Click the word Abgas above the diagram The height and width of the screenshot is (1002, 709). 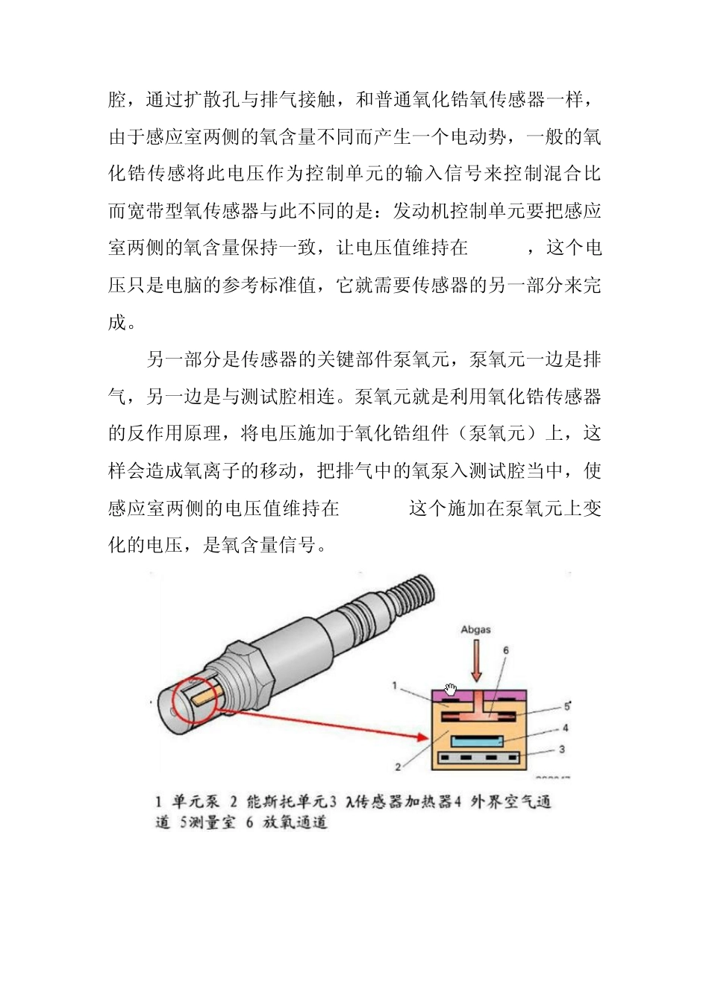click(x=475, y=630)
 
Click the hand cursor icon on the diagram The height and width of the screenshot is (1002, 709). click(x=450, y=689)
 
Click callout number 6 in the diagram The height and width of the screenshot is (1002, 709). click(x=505, y=650)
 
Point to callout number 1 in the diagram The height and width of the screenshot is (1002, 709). click(x=395, y=685)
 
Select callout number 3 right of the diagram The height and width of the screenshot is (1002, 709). click(x=562, y=749)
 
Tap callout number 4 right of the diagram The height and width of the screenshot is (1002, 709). click(x=565, y=728)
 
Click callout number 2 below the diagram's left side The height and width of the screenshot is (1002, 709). click(x=398, y=766)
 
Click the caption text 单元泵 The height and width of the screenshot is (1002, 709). click(x=196, y=802)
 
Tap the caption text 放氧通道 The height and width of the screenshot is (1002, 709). click(x=296, y=823)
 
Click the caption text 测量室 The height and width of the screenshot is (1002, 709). click(x=213, y=823)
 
